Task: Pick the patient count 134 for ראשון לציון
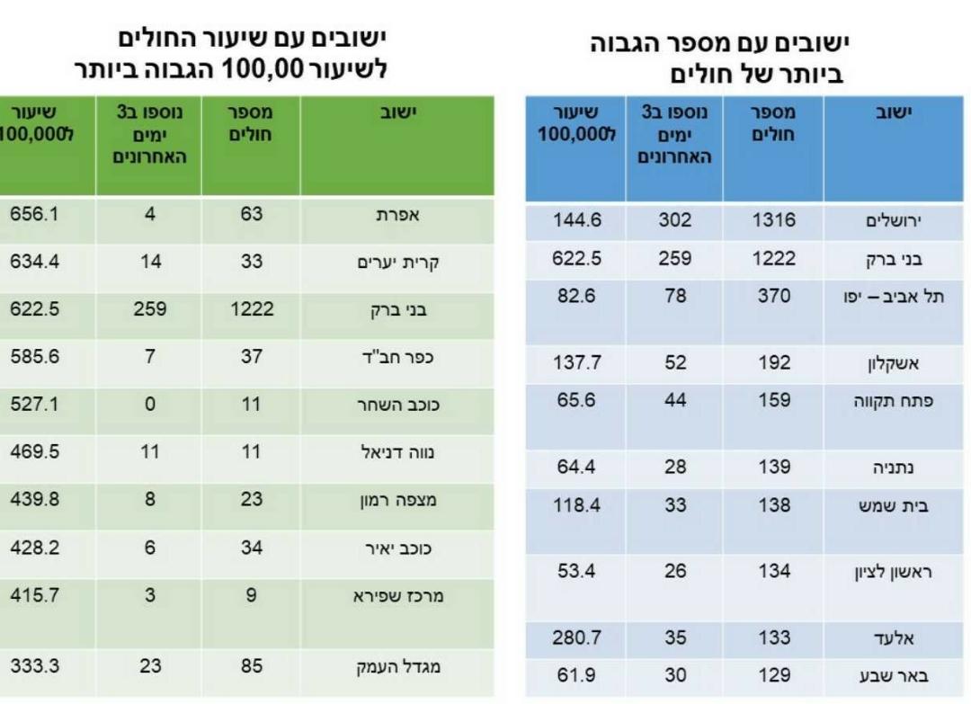(x=772, y=571)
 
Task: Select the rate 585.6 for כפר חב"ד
(x=33, y=357)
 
